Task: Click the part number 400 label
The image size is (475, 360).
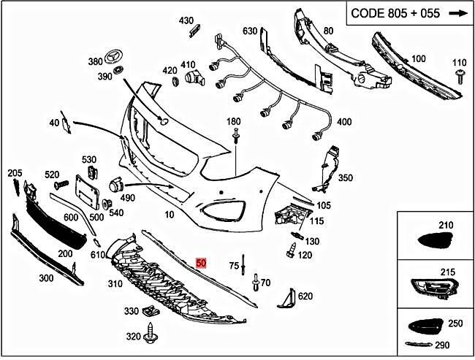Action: pyautogui.click(x=343, y=121)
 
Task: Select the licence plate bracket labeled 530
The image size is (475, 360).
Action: pyautogui.click(x=92, y=172)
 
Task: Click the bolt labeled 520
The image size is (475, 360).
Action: pyautogui.click(x=58, y=181)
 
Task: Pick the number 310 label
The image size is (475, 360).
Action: pyautogui.click(x=115, y=284)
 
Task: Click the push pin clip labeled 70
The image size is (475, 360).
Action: pyautogui.click(x=255, y=280)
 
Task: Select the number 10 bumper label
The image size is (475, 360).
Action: pyautogui.click(x=170, y=215)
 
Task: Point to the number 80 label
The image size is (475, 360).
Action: pyautogui.click(x=327, y=31)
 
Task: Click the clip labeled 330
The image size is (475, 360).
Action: pyautogui.click(x=151, y=313)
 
